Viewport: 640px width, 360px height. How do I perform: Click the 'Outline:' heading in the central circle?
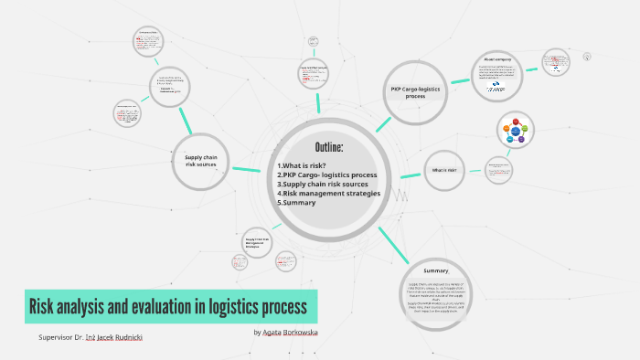coord(328,148)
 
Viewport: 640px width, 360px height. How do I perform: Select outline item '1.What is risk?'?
coord(302,165)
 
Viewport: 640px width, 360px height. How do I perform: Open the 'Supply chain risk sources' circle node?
coord(199,163)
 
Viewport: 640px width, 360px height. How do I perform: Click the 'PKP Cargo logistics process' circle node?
coord(415,90)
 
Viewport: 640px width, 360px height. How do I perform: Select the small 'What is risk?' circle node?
coord(444,171)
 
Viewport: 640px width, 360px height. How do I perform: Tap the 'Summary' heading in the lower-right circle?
coord(436,271)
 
